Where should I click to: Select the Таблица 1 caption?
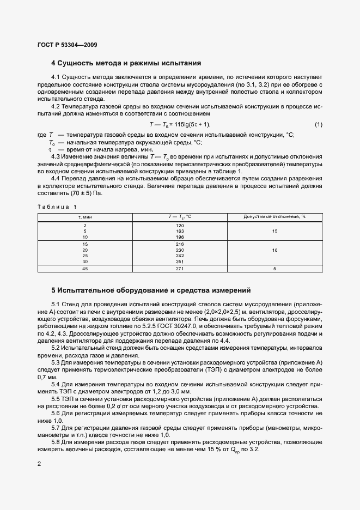pyautogui.click(x=57, y=206)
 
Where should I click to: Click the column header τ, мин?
pyautogui.click(x=85, y=217)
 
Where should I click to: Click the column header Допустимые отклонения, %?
pyautogui.click(x=274, y=217)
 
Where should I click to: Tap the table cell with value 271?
pyautogui.click(x=180, y=269)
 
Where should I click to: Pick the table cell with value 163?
pyautogui.click(x=180, y=231)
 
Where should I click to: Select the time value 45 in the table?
pyautogui.click(x=85, y=269)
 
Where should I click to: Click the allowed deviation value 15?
pyautogui.click(x=274, y=231)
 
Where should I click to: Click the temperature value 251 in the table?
pyautogui.click(x=180, y=260)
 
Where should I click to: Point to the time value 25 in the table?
pyautogui.click(x=85, y=255)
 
